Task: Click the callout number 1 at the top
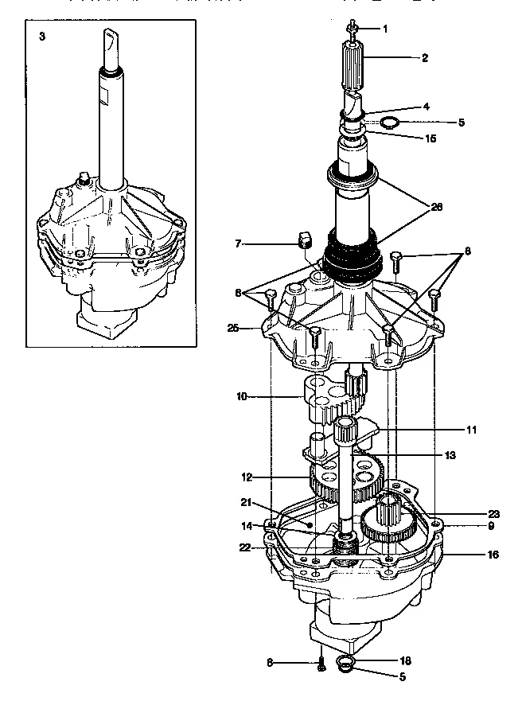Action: (385, 29)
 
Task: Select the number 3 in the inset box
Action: (41, 37)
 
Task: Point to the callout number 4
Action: (427, 106)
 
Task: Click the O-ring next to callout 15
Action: (389, 123)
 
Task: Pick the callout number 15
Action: (430, 138)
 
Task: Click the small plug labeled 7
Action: (302, 240)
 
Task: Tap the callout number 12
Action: (247, 477)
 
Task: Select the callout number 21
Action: (246, 502)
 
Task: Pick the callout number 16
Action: (493, 554)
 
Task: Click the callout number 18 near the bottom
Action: (405, 660)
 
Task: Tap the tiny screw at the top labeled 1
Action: (351, 30)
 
